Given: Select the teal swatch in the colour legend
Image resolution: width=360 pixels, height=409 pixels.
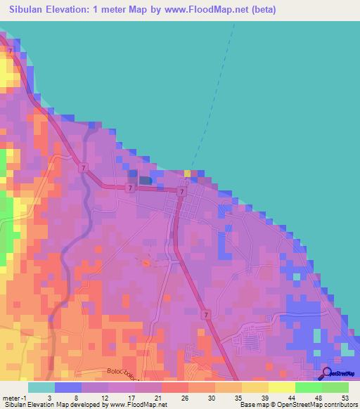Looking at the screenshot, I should pos(41,387).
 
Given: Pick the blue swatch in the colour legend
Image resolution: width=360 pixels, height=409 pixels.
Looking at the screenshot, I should pos(68,387).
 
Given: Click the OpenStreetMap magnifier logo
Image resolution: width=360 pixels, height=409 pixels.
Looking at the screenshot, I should pos(326,372).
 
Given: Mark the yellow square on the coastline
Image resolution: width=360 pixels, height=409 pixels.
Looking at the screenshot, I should pos(187,173).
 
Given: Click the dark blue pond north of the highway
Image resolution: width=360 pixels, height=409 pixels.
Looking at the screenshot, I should pos(145,181).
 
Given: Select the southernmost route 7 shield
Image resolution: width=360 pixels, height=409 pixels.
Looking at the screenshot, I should pos(205,313).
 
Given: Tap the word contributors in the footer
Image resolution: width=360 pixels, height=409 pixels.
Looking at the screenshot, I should pos(339,405).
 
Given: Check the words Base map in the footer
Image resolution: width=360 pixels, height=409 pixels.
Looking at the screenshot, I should pos(253,405).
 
